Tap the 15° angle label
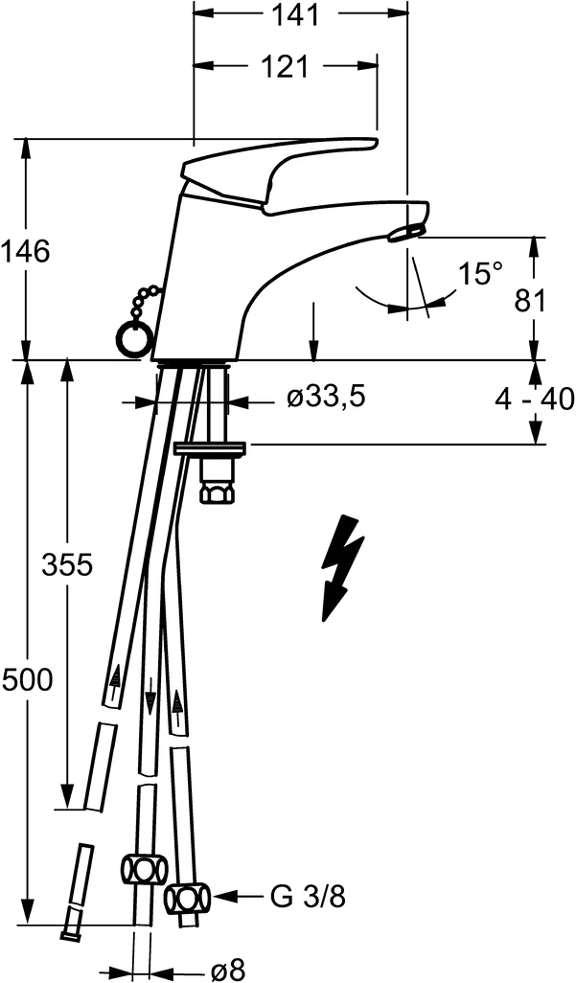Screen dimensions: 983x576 [x=479, y=273]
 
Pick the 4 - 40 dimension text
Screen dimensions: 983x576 [x=535, y=399]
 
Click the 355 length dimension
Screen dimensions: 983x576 [x=67, y=565]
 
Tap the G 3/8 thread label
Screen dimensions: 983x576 [x=307, y=898]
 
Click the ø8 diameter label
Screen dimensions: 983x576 [x=227, y=970]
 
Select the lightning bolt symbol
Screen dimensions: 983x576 [x=341, y=566]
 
